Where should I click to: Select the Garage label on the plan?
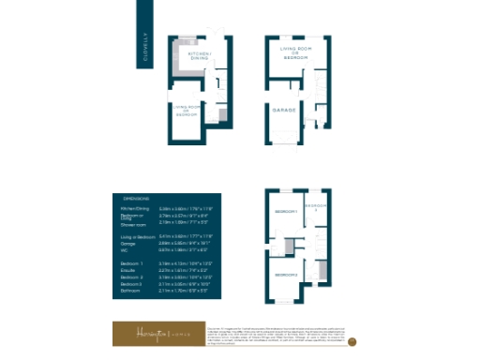point(284,110)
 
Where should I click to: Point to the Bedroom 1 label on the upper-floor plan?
point(285,212)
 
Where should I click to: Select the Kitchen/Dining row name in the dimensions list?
point(138,208)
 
